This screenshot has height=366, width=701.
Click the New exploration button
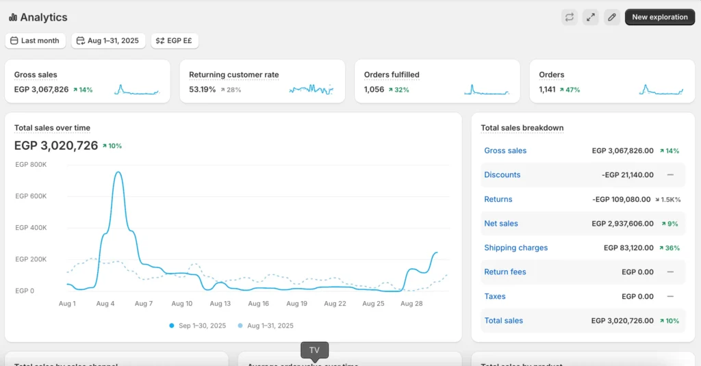659,17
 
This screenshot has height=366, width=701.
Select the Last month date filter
36,41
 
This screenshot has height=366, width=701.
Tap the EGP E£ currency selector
175,41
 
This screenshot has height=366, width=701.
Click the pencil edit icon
612,17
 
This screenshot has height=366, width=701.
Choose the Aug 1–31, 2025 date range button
107,41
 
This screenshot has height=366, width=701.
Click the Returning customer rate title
233,75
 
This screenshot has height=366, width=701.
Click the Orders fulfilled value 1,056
374,90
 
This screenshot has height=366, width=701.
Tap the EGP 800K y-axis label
31,164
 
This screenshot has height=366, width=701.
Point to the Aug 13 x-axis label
220,303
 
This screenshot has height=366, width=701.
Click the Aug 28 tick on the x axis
411,303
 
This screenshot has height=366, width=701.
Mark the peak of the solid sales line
118,172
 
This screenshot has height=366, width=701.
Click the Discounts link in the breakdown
502,175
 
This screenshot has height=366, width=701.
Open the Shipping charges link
515,248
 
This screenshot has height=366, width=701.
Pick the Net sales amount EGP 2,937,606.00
622,224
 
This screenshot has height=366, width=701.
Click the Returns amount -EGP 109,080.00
622,199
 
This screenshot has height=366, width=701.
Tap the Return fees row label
505,272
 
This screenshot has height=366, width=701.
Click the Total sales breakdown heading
522,128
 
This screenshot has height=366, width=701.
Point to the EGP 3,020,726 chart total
56,145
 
